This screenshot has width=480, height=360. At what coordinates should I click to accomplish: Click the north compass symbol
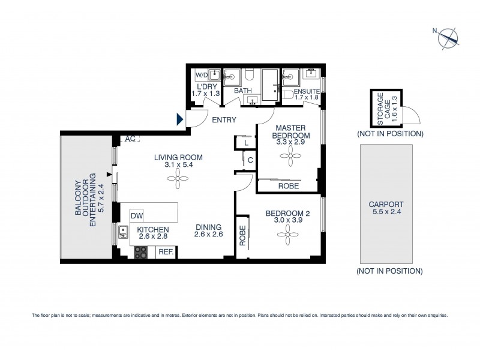click(x=448, y=37)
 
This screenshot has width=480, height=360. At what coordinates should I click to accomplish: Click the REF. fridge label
click(x=166, y=253)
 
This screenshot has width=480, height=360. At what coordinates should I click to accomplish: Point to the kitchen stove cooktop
click(x=140, y=253)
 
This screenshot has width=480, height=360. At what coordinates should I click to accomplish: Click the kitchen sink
click(x=124, y=232)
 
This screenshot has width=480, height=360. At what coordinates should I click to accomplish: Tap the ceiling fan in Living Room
click(x=178, y=175)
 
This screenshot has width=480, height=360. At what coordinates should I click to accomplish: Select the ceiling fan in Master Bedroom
click(x=291, y=158)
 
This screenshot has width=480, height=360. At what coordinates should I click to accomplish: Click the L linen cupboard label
click(x=246, y=143)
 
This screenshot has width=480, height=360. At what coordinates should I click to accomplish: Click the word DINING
click(x=209, y=227)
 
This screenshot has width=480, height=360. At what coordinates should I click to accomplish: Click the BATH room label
click(x=243, y=91)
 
